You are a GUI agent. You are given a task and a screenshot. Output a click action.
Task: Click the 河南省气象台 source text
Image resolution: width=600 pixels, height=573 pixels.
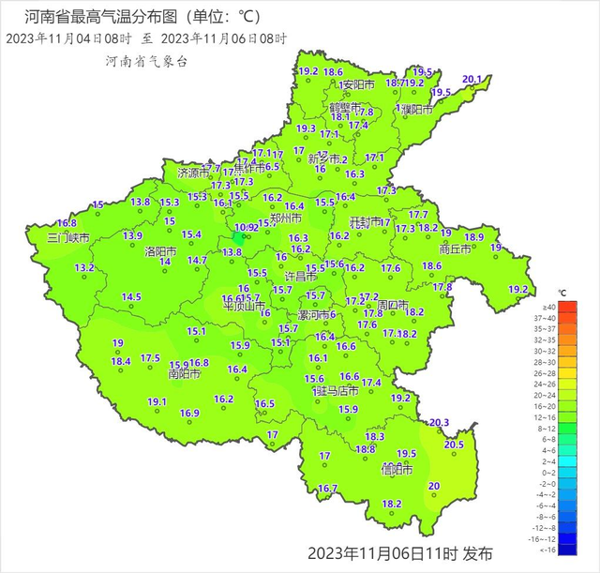147,59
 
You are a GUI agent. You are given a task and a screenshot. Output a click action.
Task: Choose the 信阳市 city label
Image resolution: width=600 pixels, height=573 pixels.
397,468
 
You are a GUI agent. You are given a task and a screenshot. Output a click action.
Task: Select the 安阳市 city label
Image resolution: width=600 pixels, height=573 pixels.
357,84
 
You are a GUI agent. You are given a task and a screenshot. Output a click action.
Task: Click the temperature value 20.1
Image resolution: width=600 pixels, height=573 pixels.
472,80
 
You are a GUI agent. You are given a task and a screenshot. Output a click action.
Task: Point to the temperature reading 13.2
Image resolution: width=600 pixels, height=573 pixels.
84,268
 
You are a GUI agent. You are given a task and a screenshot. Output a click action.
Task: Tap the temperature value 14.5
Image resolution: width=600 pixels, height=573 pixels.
131,297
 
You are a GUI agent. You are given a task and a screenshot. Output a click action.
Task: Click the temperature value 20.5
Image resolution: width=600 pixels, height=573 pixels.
454,445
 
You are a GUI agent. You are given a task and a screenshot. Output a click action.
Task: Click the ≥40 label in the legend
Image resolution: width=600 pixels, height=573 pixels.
548,307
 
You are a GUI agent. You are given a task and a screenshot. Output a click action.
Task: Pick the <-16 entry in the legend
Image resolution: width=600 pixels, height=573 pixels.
548,551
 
